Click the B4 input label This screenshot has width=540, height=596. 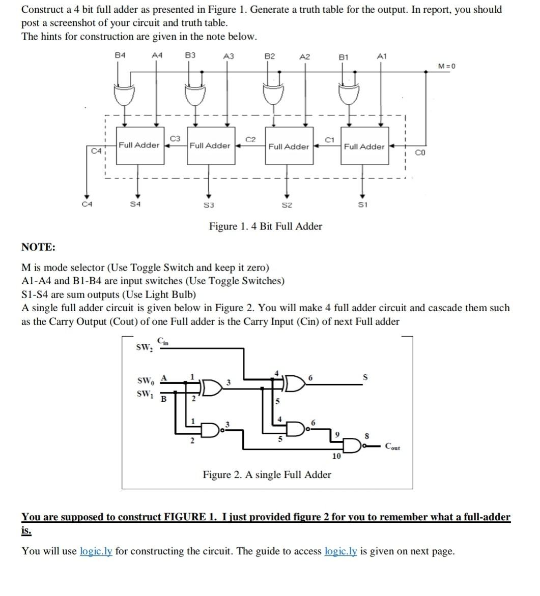point(120,55)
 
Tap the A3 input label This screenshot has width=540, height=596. point(229,56)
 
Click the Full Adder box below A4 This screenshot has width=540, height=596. point(138,145)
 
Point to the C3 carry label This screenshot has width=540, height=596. point(175,138)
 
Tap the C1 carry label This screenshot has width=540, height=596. point(329,139)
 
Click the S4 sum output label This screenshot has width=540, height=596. point(135,204)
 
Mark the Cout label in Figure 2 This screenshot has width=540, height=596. point(392,448)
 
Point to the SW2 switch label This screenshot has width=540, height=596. point(144,348)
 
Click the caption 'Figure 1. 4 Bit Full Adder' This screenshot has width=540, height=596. point(265,226)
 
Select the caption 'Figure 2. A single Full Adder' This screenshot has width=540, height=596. point(267,474)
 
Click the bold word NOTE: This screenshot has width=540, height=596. point(39,247)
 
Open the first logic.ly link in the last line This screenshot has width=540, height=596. point(96,551)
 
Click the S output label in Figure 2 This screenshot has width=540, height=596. point(364,377)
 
